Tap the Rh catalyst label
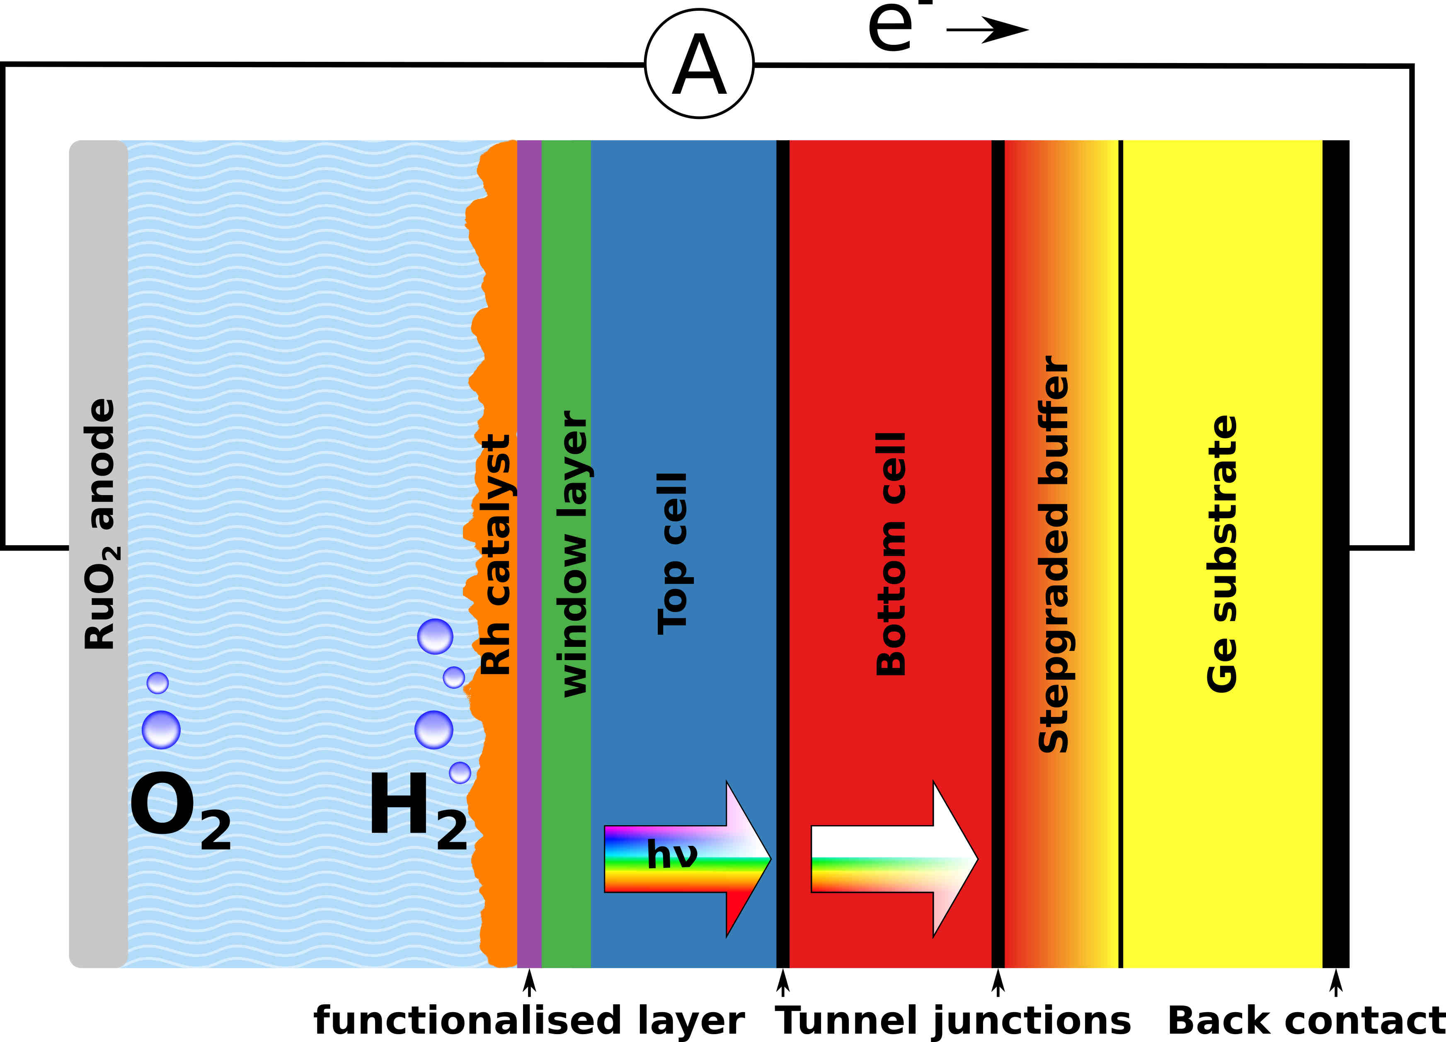click(496, 555)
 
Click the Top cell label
click(673, 554)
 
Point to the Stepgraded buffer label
click(1053, 554)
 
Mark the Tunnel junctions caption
click(952, 1020)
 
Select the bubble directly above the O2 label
click(161, 729)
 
